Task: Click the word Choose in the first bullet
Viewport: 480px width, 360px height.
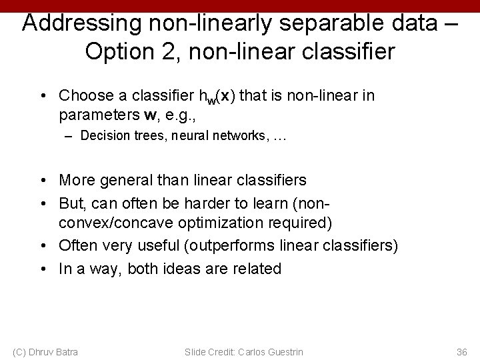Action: click(82, 96)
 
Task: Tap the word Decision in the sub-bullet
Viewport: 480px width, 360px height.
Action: click(103, 136)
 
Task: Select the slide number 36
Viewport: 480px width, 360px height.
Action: click(461, 351)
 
